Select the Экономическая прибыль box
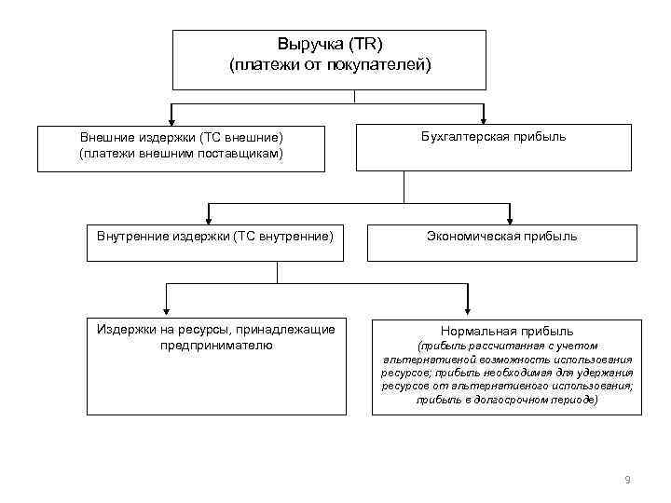point(502,242)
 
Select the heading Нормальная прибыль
point(507,331)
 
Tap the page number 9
point(627,480)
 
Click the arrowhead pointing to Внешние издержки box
point(169,119)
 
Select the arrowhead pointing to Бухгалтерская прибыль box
point(483,119)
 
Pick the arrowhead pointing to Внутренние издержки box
point(209,219)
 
